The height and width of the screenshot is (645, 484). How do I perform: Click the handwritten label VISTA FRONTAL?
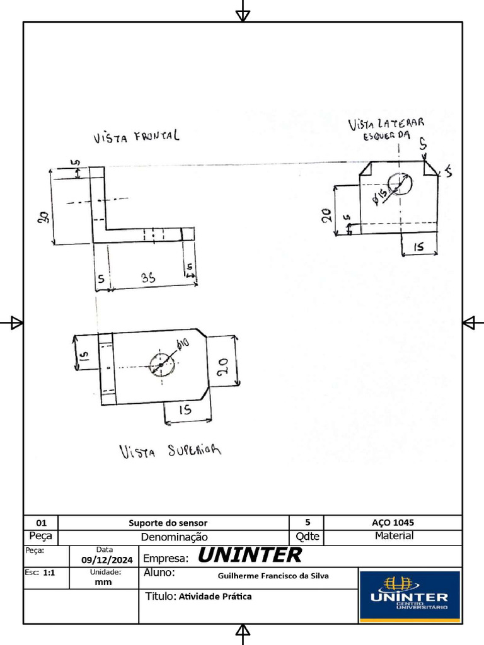(136, 136)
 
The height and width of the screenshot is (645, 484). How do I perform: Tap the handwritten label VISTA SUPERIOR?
(170, 451)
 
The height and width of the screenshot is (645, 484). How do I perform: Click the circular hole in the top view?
(162, 365)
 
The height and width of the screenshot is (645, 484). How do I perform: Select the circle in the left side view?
(400, 183)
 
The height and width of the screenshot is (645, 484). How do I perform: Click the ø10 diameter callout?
(183, 345)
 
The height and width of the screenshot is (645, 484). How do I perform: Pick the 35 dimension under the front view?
(148, 278)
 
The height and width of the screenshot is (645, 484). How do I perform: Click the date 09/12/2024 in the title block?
(107, 560)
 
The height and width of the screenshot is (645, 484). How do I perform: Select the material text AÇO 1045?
(393, 523)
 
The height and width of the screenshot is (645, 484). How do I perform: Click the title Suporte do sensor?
(168, 523)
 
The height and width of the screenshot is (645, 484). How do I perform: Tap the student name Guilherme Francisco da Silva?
(274, 576)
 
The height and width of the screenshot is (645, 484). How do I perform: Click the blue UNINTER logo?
(410, 596)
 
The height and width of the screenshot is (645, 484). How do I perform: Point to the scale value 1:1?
(49, 573)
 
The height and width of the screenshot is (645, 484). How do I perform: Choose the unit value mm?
(103, 582)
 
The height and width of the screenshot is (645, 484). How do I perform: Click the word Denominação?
(174, 537)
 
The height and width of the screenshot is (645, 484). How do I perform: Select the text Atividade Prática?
(215, 596)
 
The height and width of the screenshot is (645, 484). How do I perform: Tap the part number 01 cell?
(41, 523)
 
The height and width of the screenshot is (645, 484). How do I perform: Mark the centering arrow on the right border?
(470, 323)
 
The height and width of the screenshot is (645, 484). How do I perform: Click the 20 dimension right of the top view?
(222, 366)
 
